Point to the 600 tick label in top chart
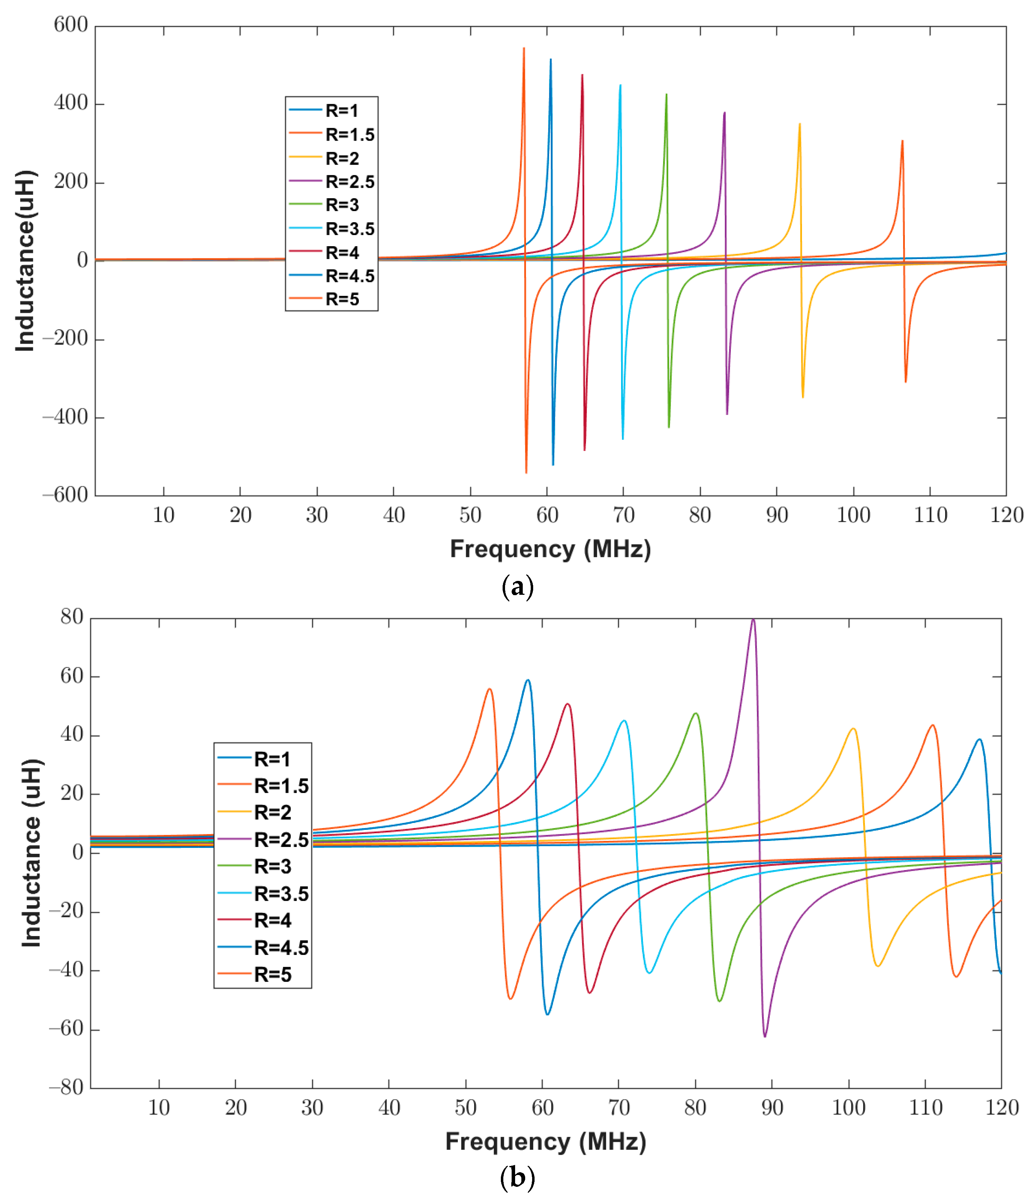[71, 25]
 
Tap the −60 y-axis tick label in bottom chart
[66, 1028]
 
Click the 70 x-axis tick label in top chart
[623, 515]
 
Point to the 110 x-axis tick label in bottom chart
[925, 1107]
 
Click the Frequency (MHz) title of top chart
[551, 549]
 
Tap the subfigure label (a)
[517, 587]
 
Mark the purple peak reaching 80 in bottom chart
[753, 620]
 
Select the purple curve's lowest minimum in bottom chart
[765, 1035]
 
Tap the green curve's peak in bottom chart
[696, 714]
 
